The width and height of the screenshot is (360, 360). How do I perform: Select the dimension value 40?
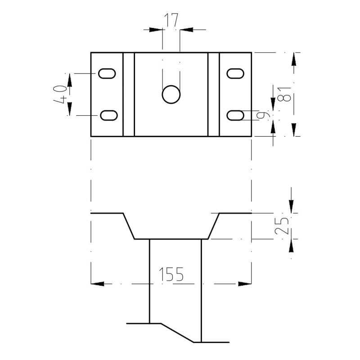pos(60,94)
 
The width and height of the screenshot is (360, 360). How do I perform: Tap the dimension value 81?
pos(284,94)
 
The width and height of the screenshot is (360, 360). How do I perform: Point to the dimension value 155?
pos(171,274)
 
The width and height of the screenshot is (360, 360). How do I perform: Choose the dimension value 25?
pos(282,226)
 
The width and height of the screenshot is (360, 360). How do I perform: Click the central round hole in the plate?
pos(171,94)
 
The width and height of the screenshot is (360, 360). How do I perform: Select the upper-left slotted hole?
pos(107,73)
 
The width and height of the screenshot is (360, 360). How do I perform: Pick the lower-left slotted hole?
pos(109,115)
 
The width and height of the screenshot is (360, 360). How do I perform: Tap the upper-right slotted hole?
pos(235,73)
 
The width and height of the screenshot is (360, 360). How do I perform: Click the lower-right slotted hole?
pos(235,115)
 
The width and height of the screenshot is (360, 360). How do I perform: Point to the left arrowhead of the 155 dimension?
pos(97,284)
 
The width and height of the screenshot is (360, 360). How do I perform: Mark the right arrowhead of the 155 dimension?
pos(245,284)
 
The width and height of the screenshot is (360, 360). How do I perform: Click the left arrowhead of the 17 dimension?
pos(156,30)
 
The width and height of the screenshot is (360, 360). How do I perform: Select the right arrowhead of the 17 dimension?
pos(186,30)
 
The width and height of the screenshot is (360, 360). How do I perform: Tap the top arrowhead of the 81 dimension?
pos(294,59)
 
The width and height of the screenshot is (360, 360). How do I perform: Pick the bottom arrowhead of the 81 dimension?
pos(294,130)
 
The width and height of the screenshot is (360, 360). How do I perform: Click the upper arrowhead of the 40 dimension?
pos(70,80)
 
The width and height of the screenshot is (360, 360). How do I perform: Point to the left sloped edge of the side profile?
pos(129,226)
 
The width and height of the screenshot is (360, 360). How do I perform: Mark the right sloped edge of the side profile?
pos(213,226)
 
